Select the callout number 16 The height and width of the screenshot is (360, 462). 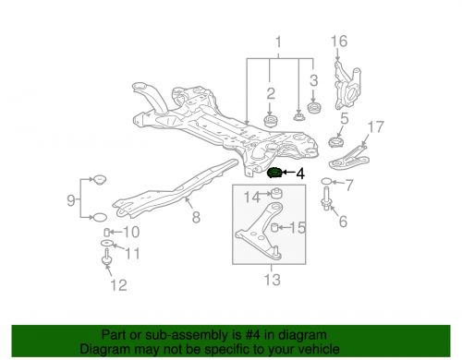click(340, 41)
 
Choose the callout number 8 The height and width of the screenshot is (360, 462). click(195, 220)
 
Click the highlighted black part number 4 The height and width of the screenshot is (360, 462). click(274, 173)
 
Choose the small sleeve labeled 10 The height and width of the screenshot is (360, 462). click(108, 230)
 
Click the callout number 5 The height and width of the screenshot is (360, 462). click(343, 118)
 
